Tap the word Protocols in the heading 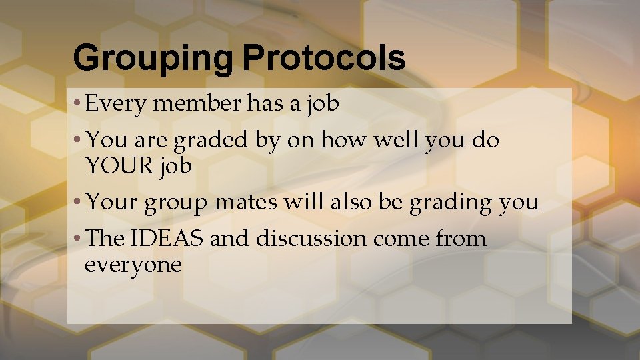(x=323, y=59)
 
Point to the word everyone (x=133, y=265)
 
